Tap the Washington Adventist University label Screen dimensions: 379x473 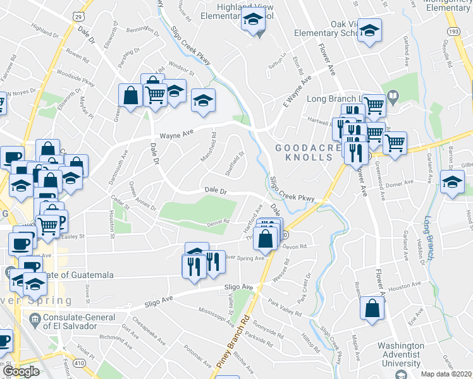coord(409,354)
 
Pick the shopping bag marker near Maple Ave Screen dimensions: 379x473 coord(372,309)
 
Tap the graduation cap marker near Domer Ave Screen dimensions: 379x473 coord(452,183)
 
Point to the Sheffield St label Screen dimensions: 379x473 coord(236,162)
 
